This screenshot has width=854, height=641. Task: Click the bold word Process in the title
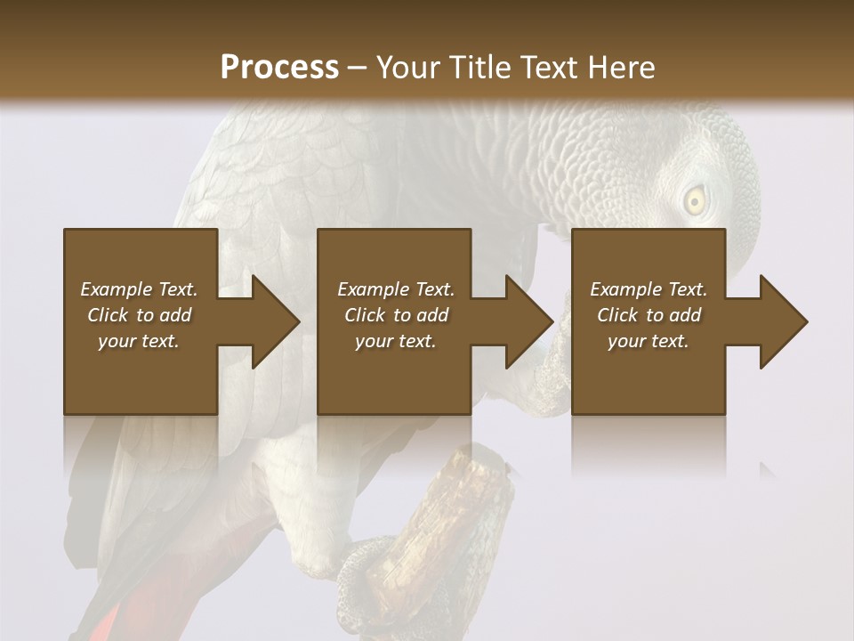pyautogui.click(x=279, y=67)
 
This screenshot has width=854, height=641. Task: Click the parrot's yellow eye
pyautogui.click(x=695, y=201)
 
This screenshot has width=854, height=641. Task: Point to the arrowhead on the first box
pyautogui.click(x=272, y=321)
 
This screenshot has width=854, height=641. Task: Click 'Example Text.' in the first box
pyautogui.click(x=139, y=289)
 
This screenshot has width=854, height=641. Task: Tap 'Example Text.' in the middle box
pyautogui.click(x=395, y=289)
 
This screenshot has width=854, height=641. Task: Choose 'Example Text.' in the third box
pyautogui.click(x=649, y=289)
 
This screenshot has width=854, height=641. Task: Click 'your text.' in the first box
pyautogui.click(x=139, y=341)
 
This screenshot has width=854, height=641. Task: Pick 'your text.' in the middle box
pyautogui.click(x=395, y=341)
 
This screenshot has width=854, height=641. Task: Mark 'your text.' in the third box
pyautogui.click(x=649, y=341)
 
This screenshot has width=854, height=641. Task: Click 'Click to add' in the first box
pyautogui.click(x=139, y=315)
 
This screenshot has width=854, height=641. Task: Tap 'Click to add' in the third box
pyautogui.click(x=649, y=315)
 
